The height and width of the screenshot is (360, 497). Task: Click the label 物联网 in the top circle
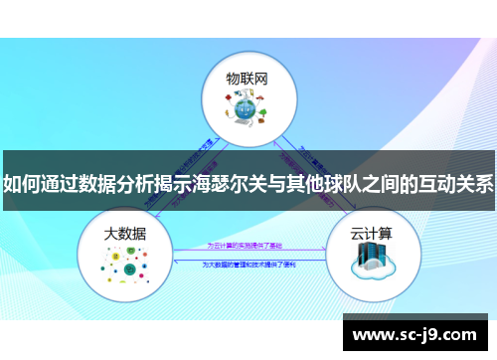(247, 78)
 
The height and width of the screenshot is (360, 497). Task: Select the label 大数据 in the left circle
(125, 234)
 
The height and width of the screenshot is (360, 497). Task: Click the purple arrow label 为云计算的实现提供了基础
(244, 244)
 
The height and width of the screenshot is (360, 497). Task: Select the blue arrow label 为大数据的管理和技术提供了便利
(246, 265)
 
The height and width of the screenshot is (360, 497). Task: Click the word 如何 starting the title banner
(24, 184)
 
